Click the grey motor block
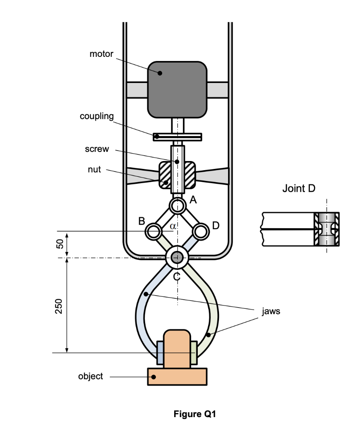pyautogui.click(x=177, y=89)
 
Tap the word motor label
pyautogui.click(x=101, y=54)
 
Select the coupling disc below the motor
pyautogui.click(x=177, y=137)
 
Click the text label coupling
pyautogui.click(x=97, y=116)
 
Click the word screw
pyautogui.click(x=97, y=149)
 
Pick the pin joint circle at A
pyautogui.click(x=177, y=205)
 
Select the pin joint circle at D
pyautogui.click(x=201, y=231)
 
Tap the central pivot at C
pyautogui.click(x=177, y=257)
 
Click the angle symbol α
pyautogui.click(x=173, y=227)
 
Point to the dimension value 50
pyautogui.click(x=60, y=244)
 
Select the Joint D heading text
pyautogui.click(x=299, y=189)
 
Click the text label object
pyautogui.click(x=90, y=376)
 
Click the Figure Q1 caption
pyautogui.click(x=195, y=414)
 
